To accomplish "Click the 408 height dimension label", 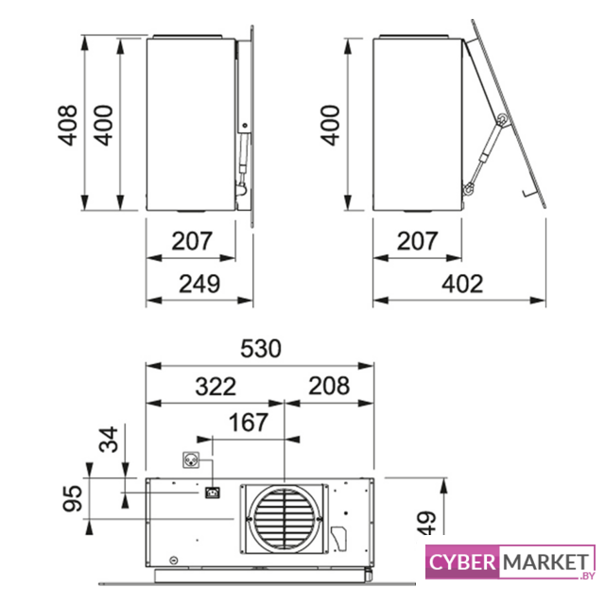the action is pyautogui.click(x=68, y=125).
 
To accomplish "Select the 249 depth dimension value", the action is pyautogui.click(x=199, y=284).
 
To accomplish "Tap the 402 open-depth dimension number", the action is pyautogui.click(x=462, y=284).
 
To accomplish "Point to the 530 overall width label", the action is pyautogui.click(x=261, y=349).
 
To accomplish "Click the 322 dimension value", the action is pyautogui.click(x=216, y=387).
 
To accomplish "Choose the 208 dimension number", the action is pyautogui.click(x=329, y=386).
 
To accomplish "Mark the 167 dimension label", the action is pyautogui.click(x=248, y=423).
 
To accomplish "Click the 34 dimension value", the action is pyautogui.click(x=109, y=439).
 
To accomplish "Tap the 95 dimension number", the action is pyautogui.click(x=73, y=498).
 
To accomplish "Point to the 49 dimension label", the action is pyautogui.click(x=426, y=523).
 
